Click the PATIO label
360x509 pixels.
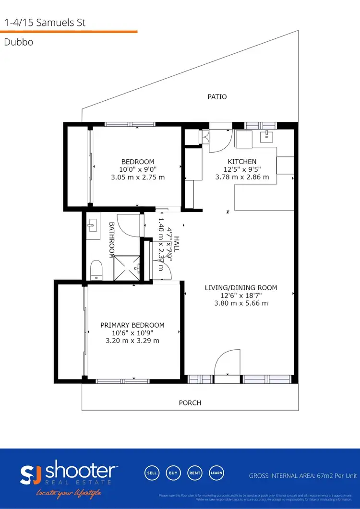click(217, 97)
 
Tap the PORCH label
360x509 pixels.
click(190, 403)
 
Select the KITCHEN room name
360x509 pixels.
click(242, 162)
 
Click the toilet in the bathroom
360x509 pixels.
click(96, 270)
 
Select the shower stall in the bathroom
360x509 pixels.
click(127, 267)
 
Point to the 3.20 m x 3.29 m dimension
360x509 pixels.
click(132, 341)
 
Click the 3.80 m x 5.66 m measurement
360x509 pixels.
click(241, 303)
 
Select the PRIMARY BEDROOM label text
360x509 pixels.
click(132, 325)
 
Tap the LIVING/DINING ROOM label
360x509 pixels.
click(241, 288)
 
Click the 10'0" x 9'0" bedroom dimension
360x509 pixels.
click(138, 169)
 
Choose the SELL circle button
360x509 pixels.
click(152, 473)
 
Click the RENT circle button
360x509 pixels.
click(194, 473)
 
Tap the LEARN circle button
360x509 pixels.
click(216, 473)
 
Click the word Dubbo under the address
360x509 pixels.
click(15, 42)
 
